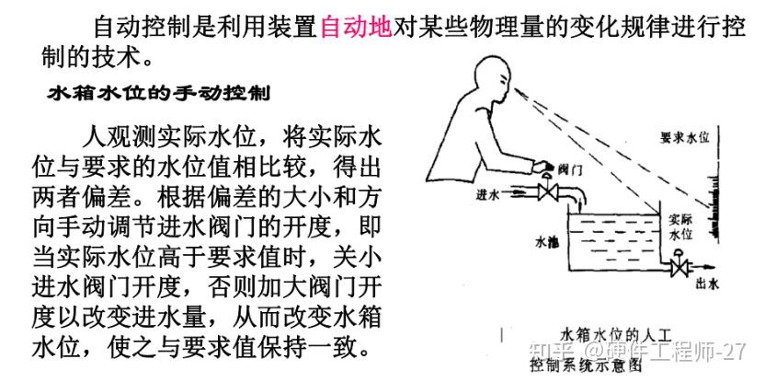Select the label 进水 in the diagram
(513, 195)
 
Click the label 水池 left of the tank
(547, 242)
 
